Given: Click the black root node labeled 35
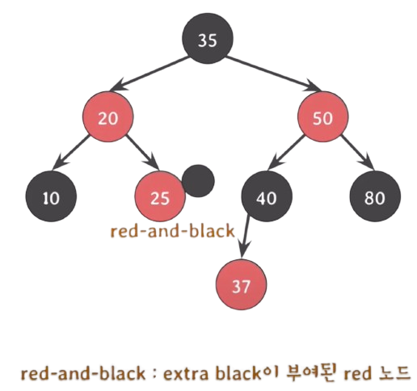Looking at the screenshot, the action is tap(208, 38).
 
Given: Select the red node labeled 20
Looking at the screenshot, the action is tap(107, 116).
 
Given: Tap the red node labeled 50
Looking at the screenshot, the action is tap(322, 116).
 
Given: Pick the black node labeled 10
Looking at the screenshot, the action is tap(51, 196).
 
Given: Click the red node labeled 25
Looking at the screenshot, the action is tap(160, 196).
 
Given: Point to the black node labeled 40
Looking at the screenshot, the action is tap(267, 196).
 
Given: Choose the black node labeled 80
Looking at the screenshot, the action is tap(375, 196).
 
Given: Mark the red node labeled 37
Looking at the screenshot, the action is tap(241, 284).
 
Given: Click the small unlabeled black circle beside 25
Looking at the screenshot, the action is tap(198, 181).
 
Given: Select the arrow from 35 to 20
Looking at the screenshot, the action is tap(149, 74).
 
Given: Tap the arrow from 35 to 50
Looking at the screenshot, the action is tap(274, 74).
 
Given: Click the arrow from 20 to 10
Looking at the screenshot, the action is tap(71, 152).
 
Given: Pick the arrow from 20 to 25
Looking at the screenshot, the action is tap(142, 152).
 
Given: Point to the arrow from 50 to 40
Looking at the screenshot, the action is tap(286, 152).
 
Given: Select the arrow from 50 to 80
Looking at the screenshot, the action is tap(357, 152).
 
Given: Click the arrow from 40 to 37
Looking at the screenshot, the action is tap(245, 237).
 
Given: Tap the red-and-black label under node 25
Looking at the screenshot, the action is tap(173, 231).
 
